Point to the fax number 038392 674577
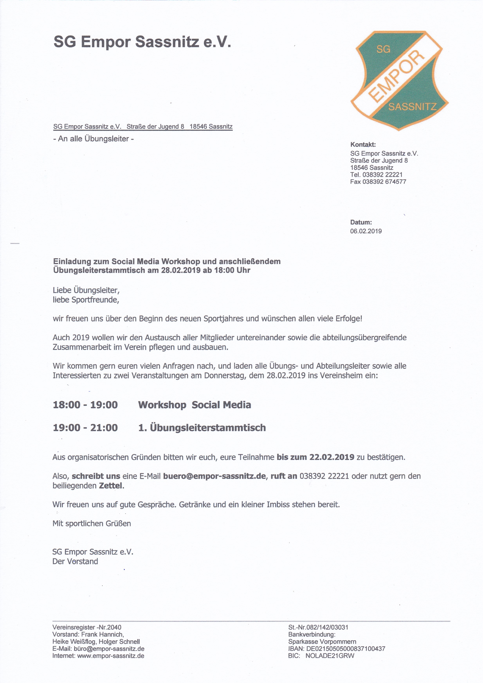click(384, 182)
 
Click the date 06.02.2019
click(366, 231)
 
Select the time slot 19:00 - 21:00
click(85, 428)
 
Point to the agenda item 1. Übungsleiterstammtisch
click(202, 428)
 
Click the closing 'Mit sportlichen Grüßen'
click(92, 524)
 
